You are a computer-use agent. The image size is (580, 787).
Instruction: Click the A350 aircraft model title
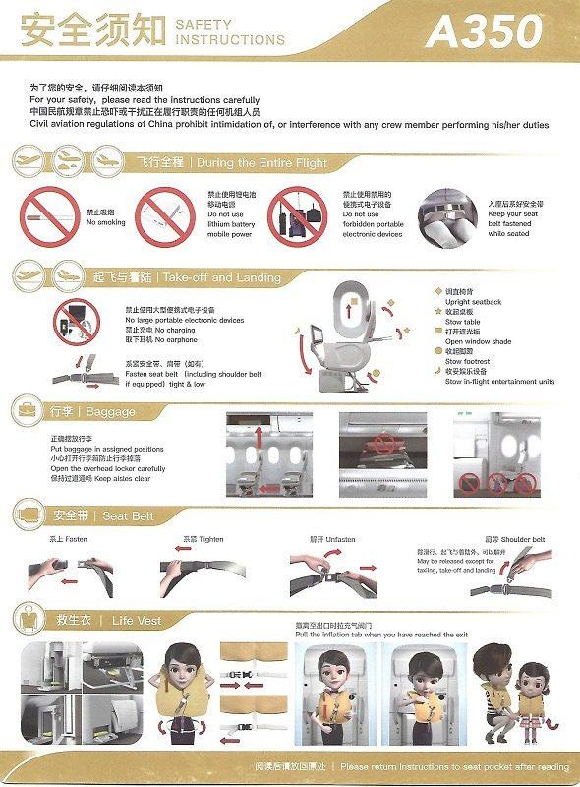coord(483,31)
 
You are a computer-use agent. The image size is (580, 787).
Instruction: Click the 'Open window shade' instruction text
coord(479,341)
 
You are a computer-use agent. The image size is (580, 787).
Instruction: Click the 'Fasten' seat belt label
coord(61,539)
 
